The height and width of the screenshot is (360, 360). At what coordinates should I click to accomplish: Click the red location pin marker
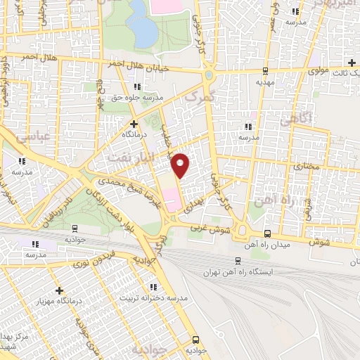pyautogui.click(x=181, y=165)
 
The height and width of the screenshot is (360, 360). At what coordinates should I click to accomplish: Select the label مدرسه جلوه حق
pyautogui.click(x=138, y=96)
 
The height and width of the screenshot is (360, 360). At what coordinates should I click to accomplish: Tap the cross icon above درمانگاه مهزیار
pyautogui.click(x=60, y=290)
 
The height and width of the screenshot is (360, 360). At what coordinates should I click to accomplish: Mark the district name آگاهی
pyautogui.click(x=293, y=120)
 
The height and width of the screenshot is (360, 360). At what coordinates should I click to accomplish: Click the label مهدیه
pyautogui.click(x=264, y=82)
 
